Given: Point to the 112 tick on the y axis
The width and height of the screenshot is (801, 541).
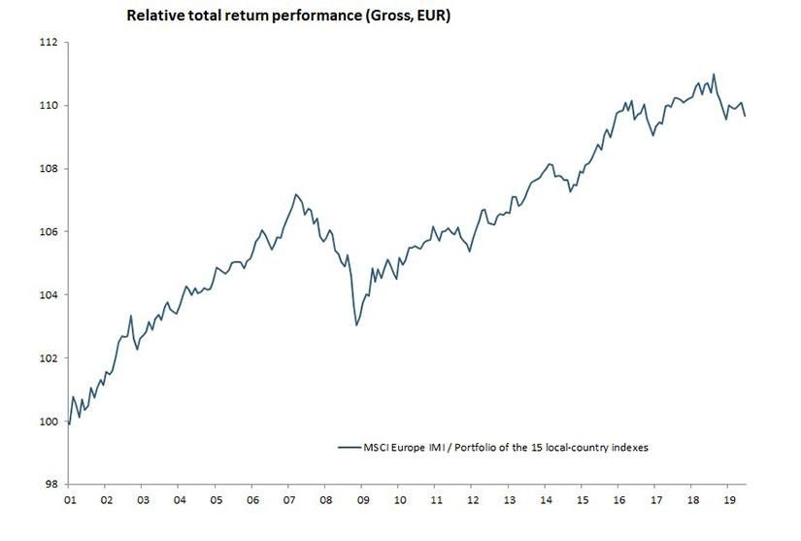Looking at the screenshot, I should click(49, 43).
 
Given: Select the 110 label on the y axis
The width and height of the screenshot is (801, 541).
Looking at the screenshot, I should click(49, 106).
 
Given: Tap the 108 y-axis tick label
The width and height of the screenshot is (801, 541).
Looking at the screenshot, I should click(49, 169).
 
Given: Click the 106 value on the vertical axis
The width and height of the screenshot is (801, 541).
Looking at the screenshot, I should click(49, 232).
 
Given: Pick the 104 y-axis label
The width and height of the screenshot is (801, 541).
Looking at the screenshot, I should click(49, 295).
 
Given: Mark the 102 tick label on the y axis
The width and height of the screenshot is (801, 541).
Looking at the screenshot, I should click(49, 358).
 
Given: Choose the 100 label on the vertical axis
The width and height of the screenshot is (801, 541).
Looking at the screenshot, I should click(49, 422).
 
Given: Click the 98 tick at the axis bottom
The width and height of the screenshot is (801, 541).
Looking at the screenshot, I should click(51, 485).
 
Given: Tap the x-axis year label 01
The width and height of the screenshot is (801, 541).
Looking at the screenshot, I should click(70, 500).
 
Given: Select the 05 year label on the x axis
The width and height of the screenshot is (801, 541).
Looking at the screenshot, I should click(216, 500).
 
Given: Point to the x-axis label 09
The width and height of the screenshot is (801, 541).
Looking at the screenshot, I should click(362, 500).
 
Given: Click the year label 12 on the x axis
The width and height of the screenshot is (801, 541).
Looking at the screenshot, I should click(472, 500).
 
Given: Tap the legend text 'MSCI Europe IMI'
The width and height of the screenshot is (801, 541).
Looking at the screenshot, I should click(408, 448).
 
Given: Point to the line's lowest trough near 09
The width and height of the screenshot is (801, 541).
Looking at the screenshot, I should click(356, 324).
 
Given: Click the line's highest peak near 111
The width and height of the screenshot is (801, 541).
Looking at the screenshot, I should click(714, 74).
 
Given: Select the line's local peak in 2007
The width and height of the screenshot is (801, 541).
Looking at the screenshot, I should click(296, 194).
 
